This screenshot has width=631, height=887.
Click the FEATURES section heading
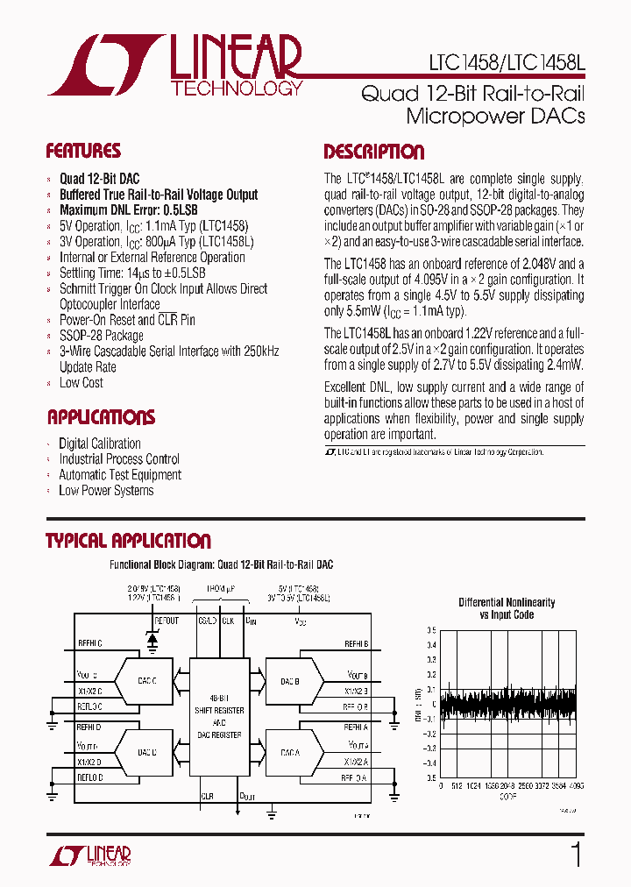[x=83, y=151]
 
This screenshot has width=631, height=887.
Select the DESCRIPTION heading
[x=374, y=152]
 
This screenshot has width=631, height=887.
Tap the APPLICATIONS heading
[x=101, y=417]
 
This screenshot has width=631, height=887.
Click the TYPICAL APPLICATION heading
[x=128, y=541]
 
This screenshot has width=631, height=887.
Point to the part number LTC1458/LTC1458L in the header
[x=506, y=63]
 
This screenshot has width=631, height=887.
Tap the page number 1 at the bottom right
[x=577, y=855]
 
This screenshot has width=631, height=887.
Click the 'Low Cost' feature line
[x=82, y=383]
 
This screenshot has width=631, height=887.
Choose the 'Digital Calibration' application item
[x=100, y=443]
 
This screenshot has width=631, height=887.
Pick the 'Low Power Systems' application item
[x=106, y=491]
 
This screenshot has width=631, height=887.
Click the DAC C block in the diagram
[x=147, y=680]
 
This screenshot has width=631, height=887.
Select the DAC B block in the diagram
[x=291, y=680]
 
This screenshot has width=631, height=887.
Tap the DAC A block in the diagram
[x=291, y=752]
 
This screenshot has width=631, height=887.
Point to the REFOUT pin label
[x=167, y=621]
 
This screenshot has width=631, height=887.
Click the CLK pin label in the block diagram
[x=228, y=621]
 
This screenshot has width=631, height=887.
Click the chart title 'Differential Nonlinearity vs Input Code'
[x=507, y=608]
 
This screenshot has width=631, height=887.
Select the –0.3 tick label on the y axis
[x=429, y=748]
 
